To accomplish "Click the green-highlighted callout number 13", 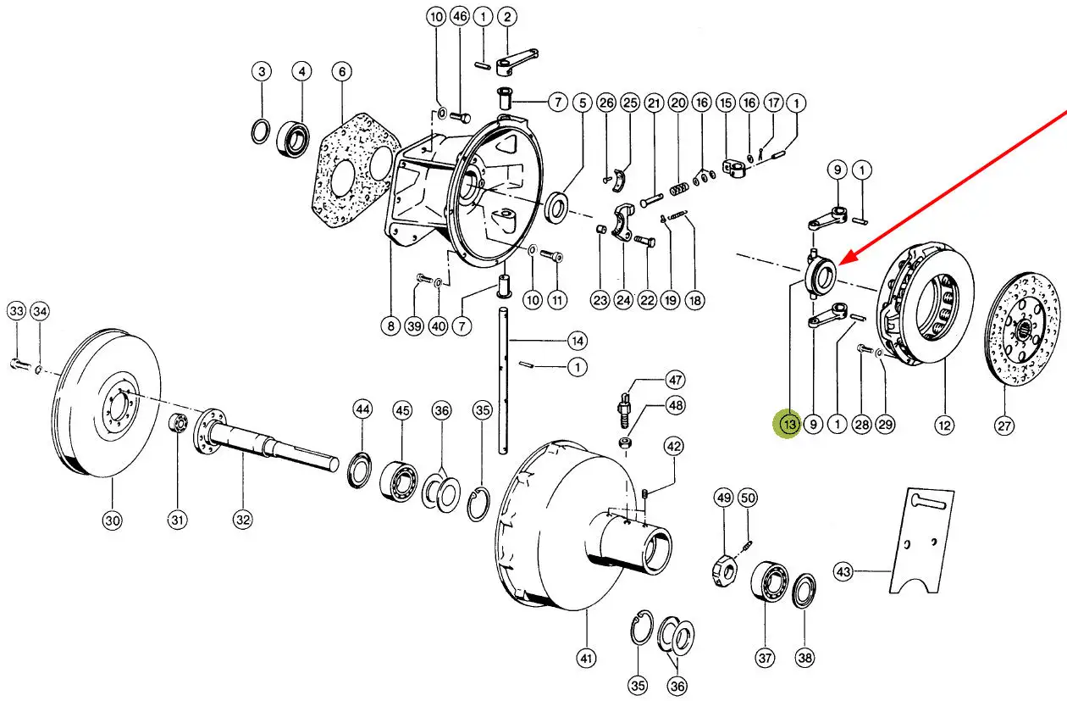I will click(789, 424).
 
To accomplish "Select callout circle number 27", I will click(1003, 426).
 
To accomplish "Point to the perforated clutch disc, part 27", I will click(1022, 330).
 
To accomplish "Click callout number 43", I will click(843, 571).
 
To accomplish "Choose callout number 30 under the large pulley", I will click(113, 520).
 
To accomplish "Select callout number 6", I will click(342, 72).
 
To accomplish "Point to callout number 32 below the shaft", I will click(243, 520).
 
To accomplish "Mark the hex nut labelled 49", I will click(724, 570).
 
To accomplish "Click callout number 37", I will click(765, 657).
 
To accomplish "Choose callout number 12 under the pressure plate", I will click(943, 425).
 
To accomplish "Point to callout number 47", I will click(674, 380).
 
